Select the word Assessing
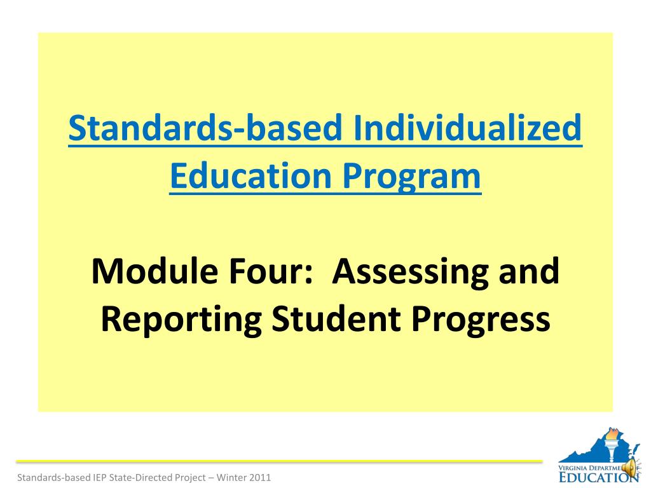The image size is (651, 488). coord(411,271)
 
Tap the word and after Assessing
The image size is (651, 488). coord(529,271)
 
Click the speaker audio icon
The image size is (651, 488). coord(630,468)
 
